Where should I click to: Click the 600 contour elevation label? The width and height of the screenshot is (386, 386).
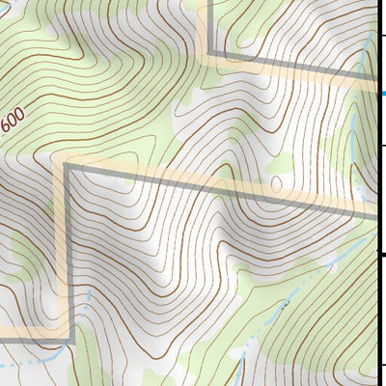pos(14,123)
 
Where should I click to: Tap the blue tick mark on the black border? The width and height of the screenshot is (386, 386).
pos(383,93)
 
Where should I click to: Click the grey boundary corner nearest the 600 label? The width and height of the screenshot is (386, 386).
pos(67,167)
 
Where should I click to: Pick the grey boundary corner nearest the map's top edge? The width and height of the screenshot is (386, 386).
pos(208,55)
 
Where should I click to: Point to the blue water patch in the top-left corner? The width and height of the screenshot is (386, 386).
pos(5,4)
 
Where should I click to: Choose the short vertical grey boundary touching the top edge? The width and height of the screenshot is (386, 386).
pos(208,24)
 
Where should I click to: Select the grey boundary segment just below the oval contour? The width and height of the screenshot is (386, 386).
pos(278,197)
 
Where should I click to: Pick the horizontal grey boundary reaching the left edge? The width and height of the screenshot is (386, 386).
pos(34,339)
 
